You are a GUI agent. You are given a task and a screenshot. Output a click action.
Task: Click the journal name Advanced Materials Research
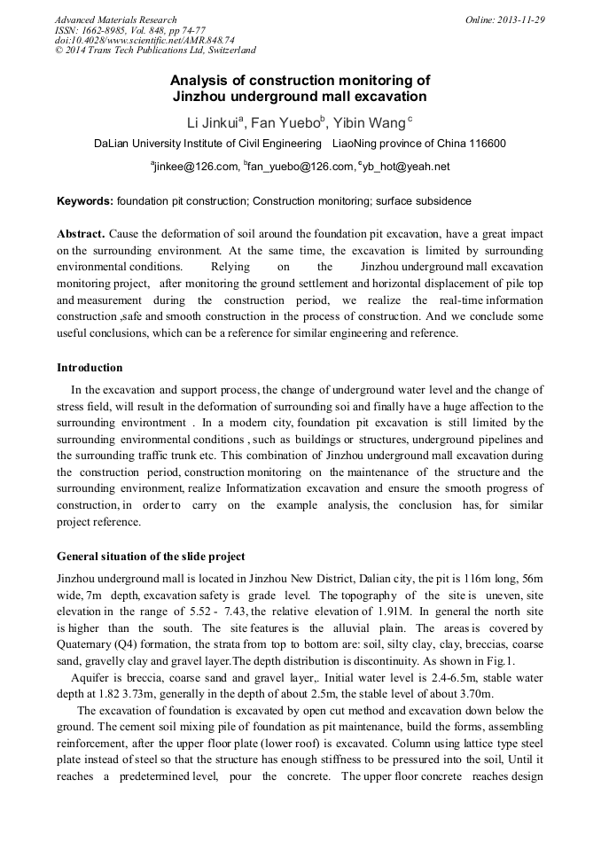pyautogui.click(x=116, y=19)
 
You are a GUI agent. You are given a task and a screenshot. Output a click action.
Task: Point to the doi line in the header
pyautogui.click(x=144, y=41)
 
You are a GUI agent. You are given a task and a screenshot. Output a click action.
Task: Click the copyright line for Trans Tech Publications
pyautogui.click(x=155, y=51)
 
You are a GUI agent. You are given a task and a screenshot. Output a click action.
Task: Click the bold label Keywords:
pyautogui.click(x=85, y=201)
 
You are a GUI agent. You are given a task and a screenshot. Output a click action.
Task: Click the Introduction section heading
pyautogui.click(x=90, y=367)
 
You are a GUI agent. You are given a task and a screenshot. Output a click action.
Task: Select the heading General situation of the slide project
pyautogui.click(x=151, y=557)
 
